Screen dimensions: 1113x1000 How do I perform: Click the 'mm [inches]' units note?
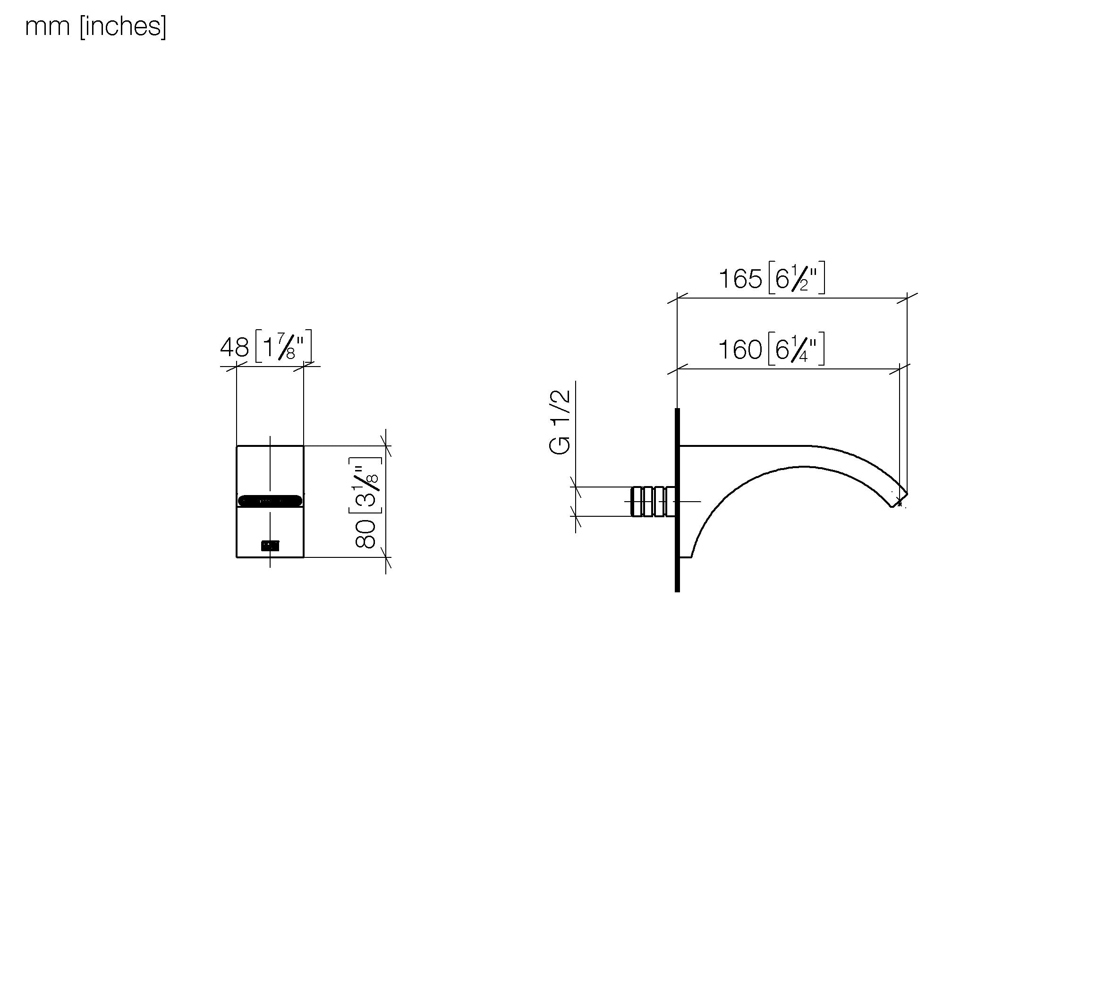[95, 27]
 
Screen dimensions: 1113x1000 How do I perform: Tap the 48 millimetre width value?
[235, 347]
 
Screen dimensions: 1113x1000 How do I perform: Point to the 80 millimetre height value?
[365, 533]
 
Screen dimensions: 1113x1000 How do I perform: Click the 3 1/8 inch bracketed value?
[365, 485]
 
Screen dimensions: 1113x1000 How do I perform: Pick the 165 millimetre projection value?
[740, 279]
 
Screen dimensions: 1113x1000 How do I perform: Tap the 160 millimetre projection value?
[740, 350]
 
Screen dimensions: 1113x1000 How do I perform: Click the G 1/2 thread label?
[560, 422]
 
